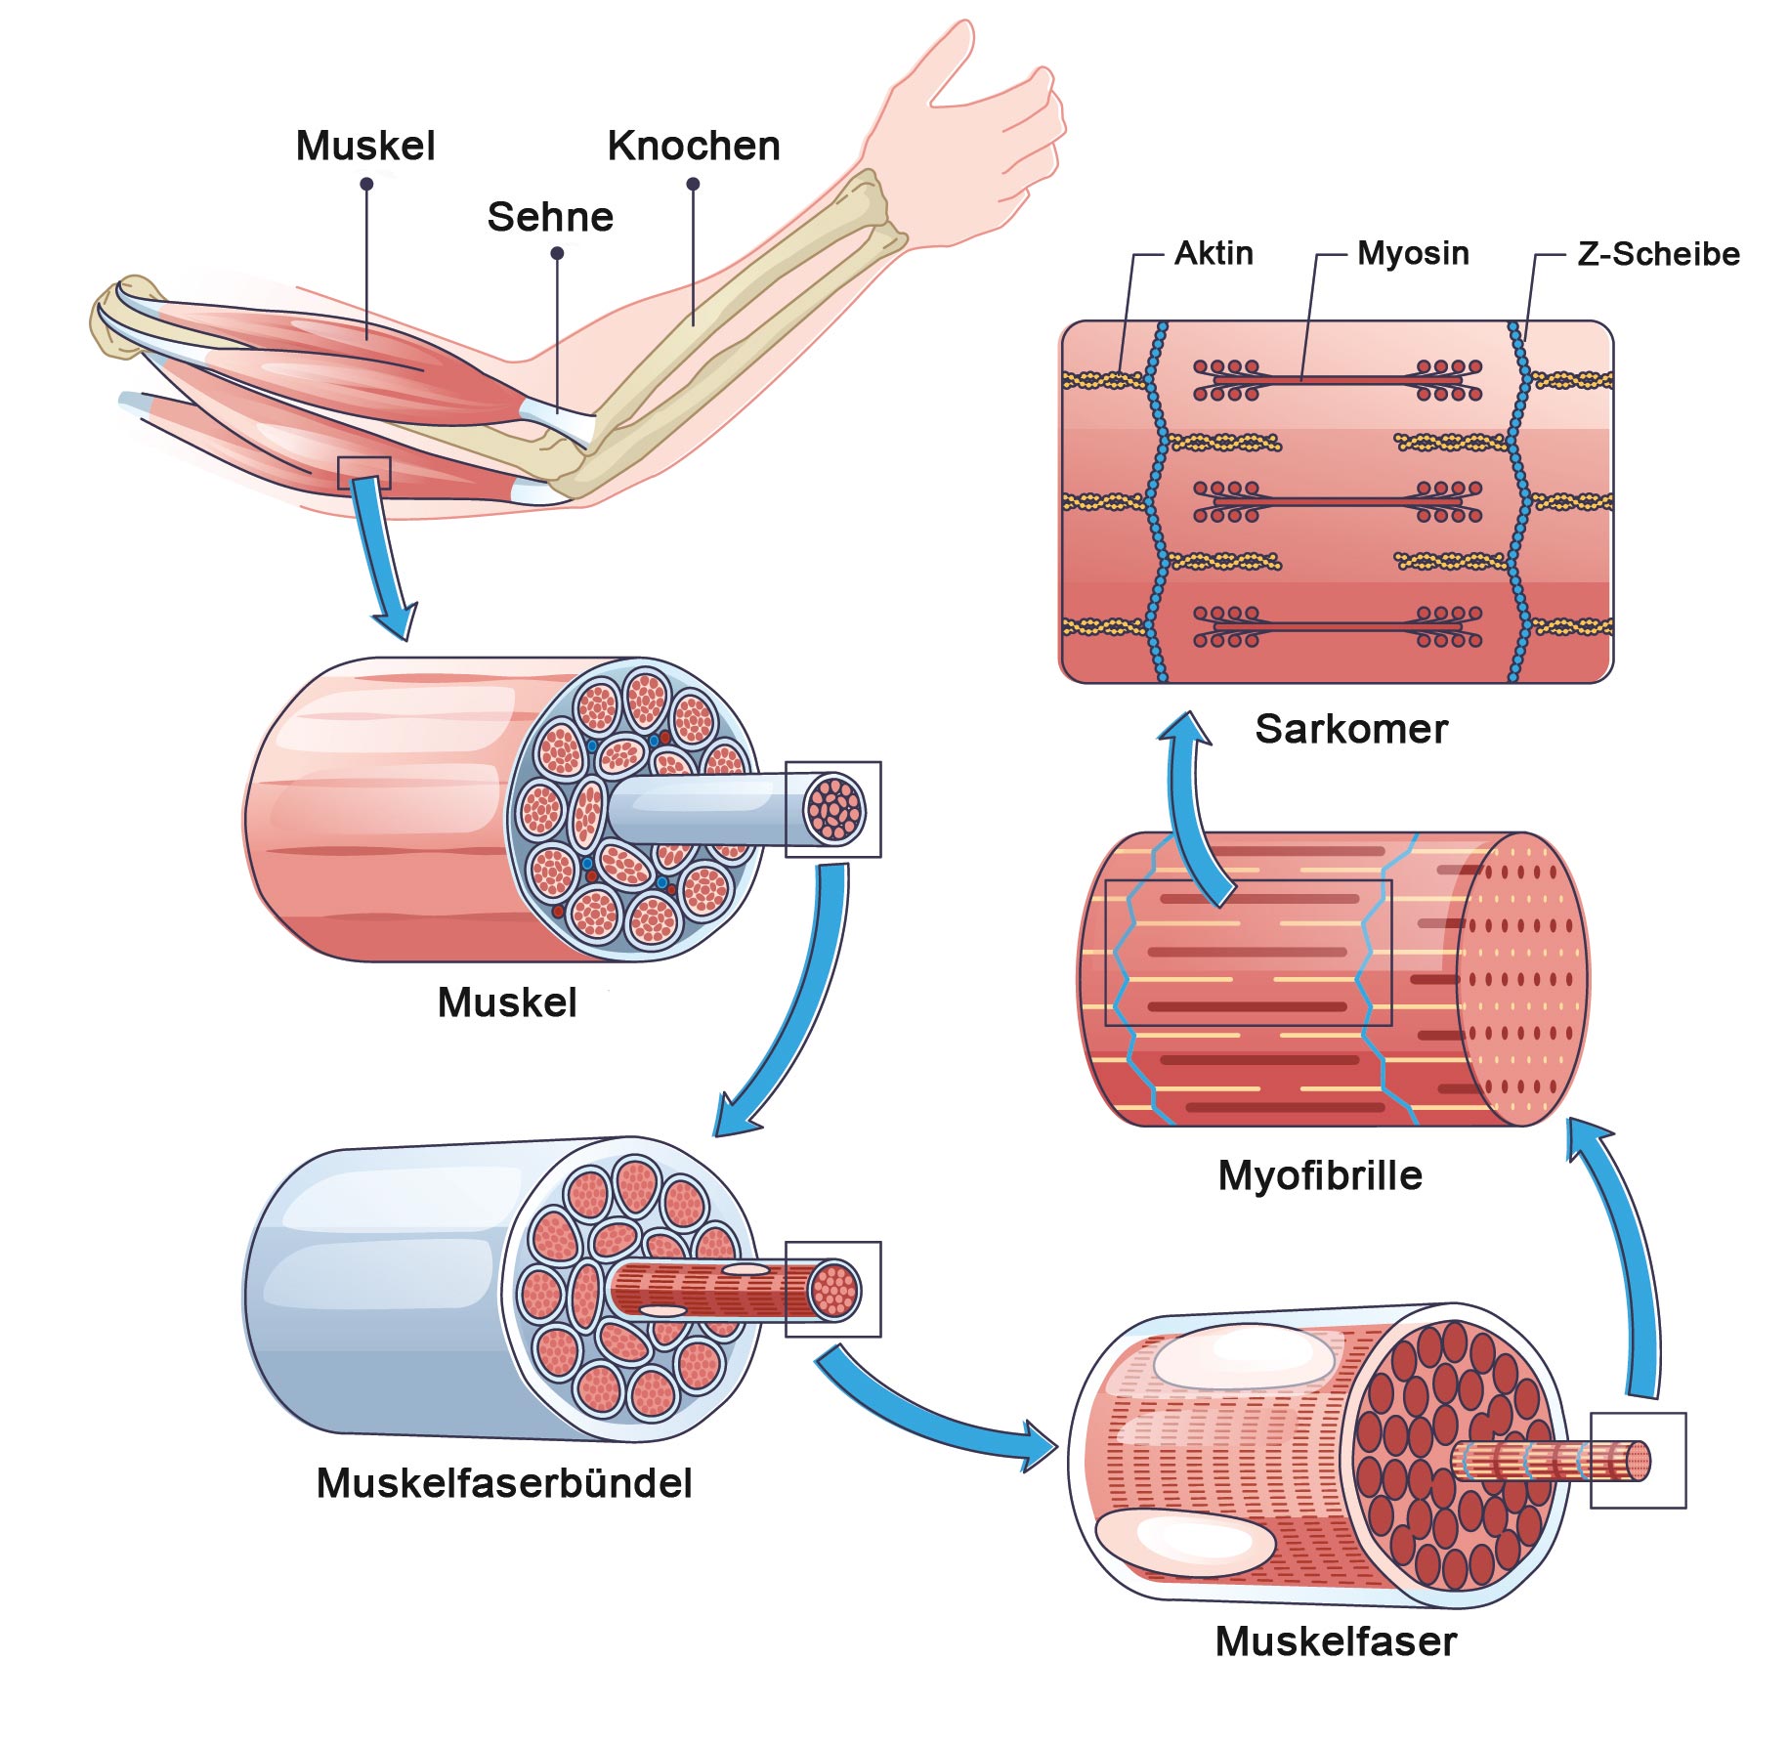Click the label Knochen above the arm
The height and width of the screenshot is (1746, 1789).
(x=694, y=147)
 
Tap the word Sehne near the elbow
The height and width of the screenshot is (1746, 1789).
(x=550, y=217)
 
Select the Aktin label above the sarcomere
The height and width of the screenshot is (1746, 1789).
(x=1214, y=254)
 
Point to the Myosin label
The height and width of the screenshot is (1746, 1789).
(x=1413, y=254)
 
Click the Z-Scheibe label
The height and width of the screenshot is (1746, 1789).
(x=1658, y=254)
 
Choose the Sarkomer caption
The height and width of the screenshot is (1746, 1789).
(x=1351, y=729)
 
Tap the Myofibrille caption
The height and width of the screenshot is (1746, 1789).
(x=1320, y=1175)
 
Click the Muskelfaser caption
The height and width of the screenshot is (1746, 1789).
(x=1336, y=1641)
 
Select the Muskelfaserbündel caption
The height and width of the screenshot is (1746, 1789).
(x=504, y=1483)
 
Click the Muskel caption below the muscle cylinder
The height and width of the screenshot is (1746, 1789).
(x=507, y=1002)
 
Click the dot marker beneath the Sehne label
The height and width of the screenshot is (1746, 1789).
(x=557, y=253)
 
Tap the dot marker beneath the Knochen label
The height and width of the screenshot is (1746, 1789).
(x=693, y=184)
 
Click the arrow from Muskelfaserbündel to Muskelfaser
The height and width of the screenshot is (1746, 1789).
(x=928, y=1417)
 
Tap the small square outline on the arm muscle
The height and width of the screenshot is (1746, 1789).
(x=363, y=473)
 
